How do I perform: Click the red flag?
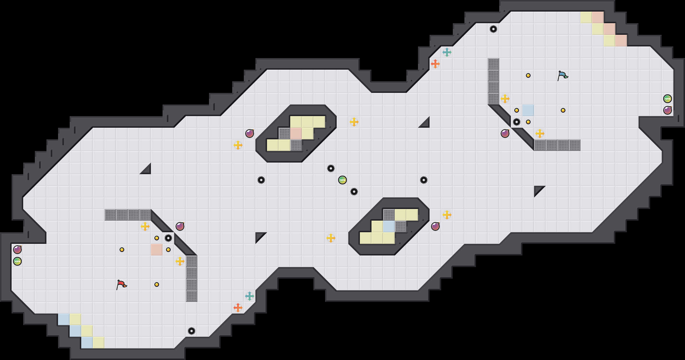[121, 285]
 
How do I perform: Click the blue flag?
[563, 75]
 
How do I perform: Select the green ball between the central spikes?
[342, 180]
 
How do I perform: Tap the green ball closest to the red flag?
[17, 261]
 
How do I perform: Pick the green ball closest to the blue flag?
[668, 99]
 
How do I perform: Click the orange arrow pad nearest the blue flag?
[435, 64]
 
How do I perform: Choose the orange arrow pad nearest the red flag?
[238, 308]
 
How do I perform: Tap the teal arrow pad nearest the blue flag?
[447, 52]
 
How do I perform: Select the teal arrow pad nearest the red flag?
[250, 296]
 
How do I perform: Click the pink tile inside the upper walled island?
[296, 134]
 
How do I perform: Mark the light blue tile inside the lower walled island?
[389, 226]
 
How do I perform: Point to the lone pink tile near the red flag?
[157, 250]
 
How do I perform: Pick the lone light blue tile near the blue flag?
[528, 110]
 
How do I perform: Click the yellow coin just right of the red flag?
[157, 285]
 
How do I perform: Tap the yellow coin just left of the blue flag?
[528, 75]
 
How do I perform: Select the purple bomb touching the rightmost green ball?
[668, 110]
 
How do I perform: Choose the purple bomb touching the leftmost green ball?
[17, 250]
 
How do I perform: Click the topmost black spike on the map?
[493, 29]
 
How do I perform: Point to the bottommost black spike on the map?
[192, 331]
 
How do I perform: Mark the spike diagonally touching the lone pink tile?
[168, 238]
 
